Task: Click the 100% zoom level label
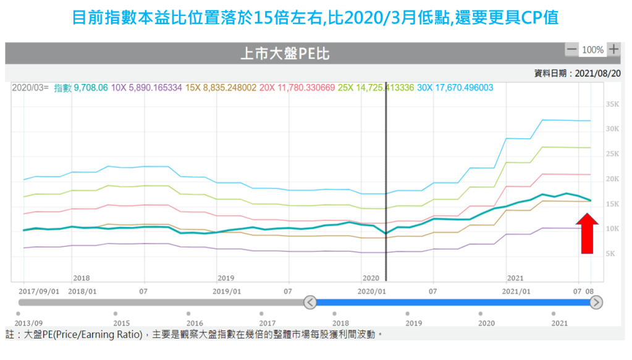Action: [592, 49]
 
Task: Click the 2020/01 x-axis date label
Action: [373, 291]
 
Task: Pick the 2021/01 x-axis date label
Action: [517, 291]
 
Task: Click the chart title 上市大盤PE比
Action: [285, 54]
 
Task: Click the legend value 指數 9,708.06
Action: [81, 88]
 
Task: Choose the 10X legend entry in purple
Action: [146, 88]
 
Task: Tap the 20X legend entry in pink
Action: [297, 88]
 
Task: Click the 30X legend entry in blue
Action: [455, 88]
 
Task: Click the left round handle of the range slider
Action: [311, 303]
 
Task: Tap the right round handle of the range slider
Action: [596, 303]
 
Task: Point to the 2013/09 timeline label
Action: [29, 323]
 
